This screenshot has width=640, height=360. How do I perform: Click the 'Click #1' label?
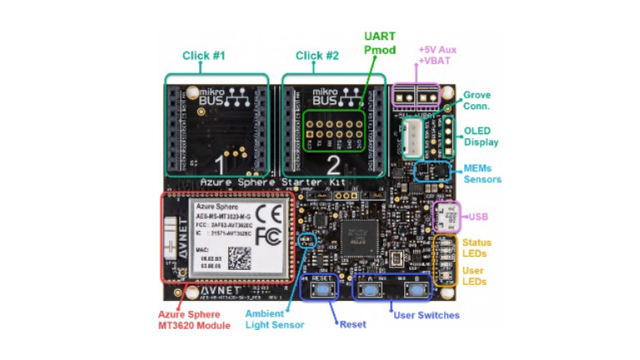pos(203,56)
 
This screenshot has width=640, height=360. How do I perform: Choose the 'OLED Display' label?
pos(481,135)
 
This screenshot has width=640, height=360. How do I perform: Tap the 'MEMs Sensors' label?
pos(482,173)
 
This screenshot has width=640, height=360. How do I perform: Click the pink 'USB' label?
pos(477,217)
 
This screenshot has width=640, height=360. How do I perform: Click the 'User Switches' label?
pos(426,315)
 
